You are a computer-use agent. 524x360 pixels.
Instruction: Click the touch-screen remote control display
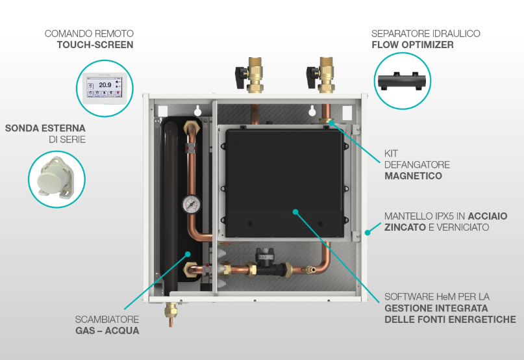point(105,85)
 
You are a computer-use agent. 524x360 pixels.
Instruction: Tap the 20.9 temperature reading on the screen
point(105,85)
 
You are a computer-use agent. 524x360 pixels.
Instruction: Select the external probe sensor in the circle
point(56,177)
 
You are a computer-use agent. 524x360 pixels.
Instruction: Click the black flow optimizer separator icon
point(402,81)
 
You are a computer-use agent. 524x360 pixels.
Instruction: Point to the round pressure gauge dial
point(191,204)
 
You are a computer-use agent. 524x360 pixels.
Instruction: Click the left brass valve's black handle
point(241,77)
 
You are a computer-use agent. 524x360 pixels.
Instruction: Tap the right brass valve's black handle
point(312,76)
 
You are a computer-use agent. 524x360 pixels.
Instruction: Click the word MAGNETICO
point(413,176)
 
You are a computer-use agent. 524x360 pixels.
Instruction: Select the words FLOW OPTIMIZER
point(412,45)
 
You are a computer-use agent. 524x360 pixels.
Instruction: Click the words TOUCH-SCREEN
point(95,45)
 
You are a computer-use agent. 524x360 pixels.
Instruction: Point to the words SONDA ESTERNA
point(45,128)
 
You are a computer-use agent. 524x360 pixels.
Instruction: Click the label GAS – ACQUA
point(107,331)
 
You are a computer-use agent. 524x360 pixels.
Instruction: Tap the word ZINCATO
point(405,227)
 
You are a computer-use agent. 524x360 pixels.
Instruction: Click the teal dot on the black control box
point(295,212)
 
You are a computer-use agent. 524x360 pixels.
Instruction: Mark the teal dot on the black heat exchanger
point(188,254)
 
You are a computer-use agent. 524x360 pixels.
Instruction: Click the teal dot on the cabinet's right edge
point(368,233)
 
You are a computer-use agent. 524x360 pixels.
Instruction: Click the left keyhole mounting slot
point(198,110)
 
